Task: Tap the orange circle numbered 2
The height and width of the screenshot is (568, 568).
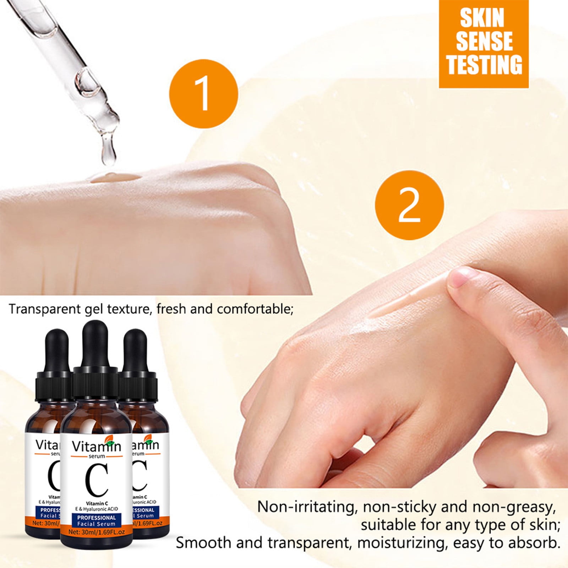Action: pos(409,206)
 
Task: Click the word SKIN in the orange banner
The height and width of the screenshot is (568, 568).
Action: pos(482,18)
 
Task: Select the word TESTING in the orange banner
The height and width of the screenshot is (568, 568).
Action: pos(484,65)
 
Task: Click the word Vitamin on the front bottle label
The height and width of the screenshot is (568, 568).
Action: pos(96,446)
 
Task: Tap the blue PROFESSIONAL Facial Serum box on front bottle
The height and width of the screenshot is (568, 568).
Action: pos(97,520)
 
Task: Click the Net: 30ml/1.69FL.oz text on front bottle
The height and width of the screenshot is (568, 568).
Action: pos(97,532)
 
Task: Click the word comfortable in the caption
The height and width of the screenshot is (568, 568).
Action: pos(255,309)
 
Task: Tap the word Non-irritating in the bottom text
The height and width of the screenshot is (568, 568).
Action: pos(306,507)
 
